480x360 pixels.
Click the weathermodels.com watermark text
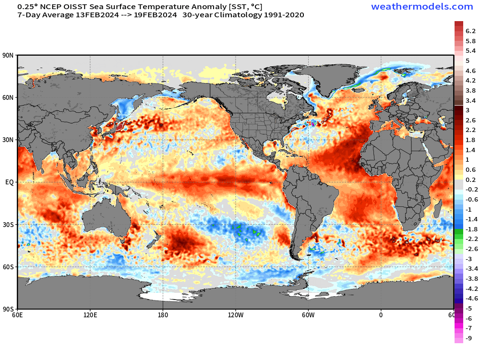422,6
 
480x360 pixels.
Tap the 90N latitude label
8,55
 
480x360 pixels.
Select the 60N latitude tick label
8,97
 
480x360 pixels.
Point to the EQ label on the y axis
10,182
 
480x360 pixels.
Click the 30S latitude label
8,225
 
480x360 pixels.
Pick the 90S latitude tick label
8,309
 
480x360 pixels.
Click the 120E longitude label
90,315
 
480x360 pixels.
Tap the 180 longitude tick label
163,315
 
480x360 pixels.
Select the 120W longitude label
236,315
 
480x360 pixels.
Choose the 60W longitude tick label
308,315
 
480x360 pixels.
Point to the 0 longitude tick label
381,315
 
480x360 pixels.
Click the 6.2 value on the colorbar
470,31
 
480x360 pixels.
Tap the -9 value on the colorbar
468,338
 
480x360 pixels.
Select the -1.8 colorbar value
471,229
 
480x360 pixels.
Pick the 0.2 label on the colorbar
470,180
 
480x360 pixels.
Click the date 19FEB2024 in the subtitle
155,15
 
